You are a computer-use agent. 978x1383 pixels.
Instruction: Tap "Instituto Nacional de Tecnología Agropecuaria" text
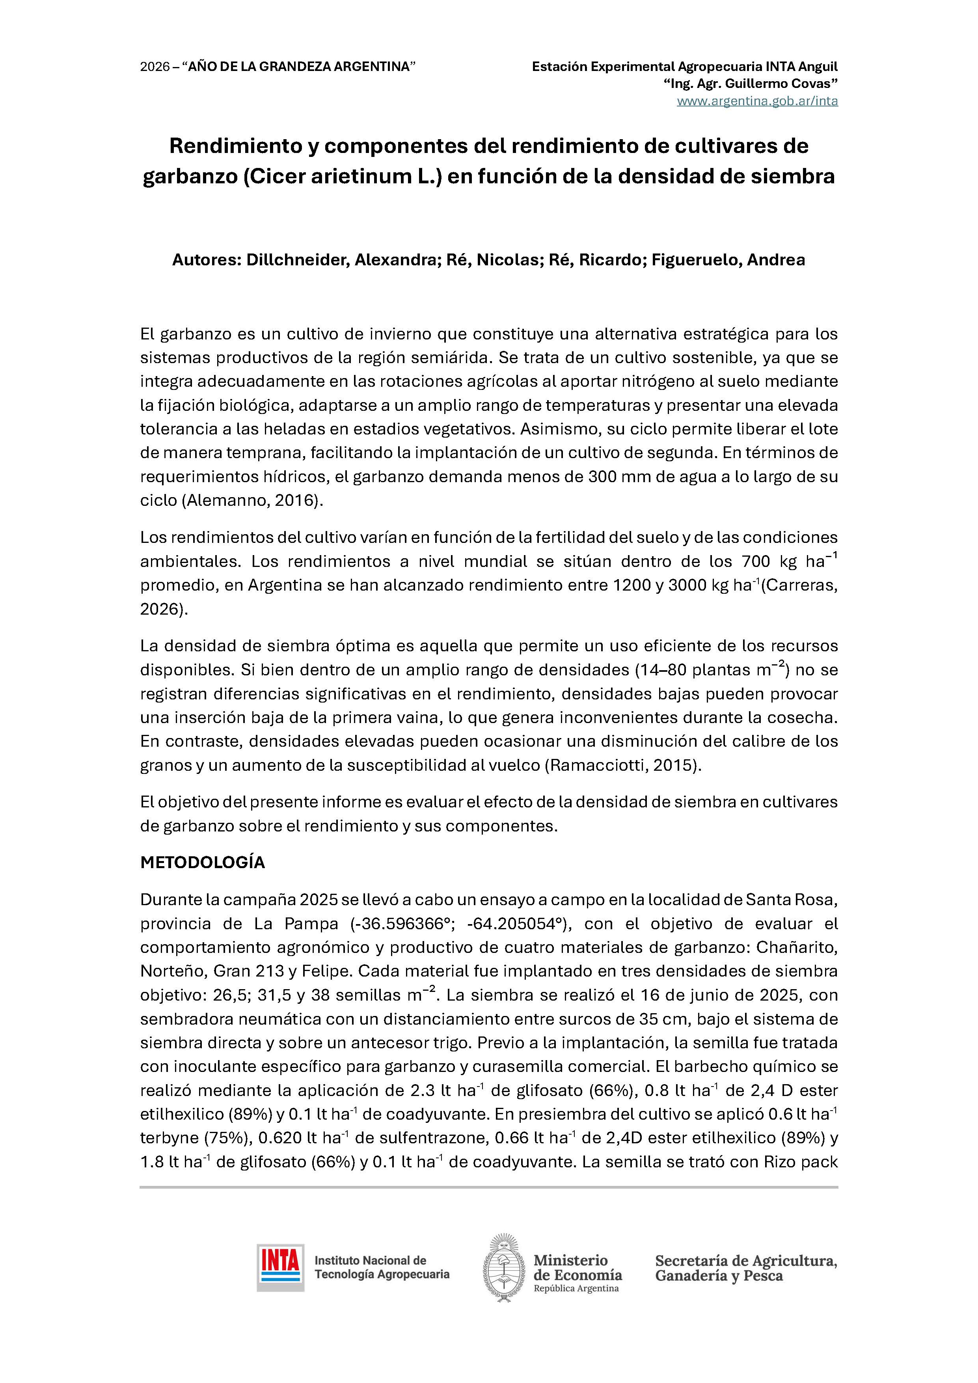tap(382, 1267)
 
